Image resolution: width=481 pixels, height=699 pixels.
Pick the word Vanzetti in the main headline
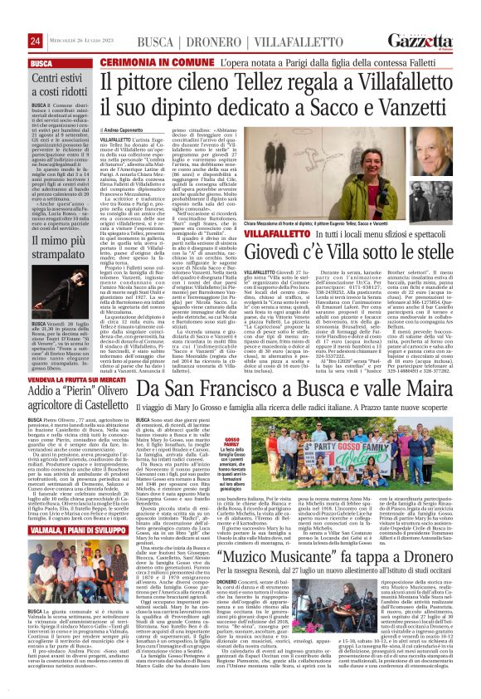tap(310, 104)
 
